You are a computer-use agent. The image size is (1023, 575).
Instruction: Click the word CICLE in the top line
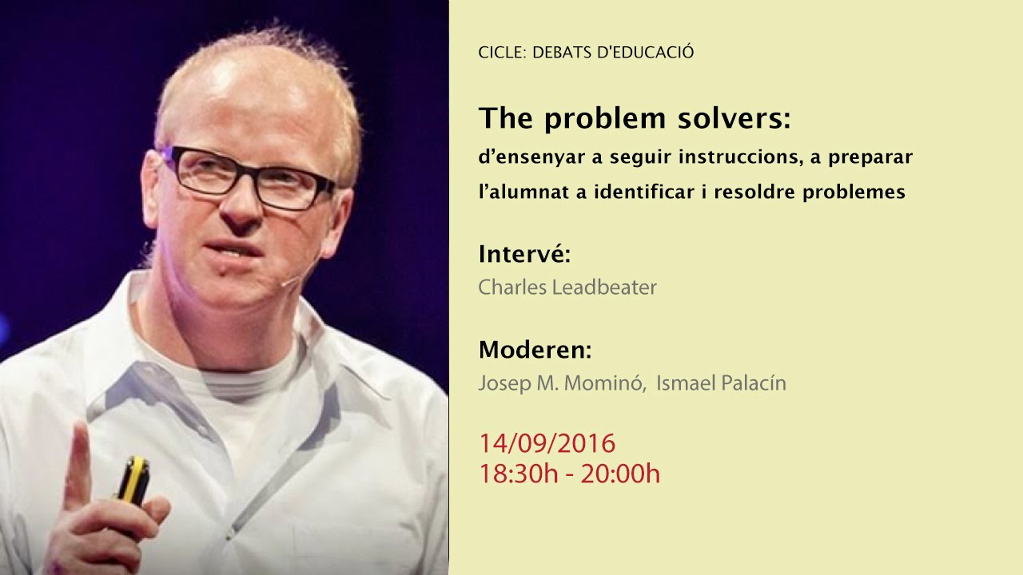(x=500, y=53)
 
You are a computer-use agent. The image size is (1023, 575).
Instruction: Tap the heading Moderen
(x=535, y=350)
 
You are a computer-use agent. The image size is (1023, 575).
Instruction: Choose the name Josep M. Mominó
(x=561, y=383)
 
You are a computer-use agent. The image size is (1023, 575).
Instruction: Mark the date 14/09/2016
(x=547, y=443)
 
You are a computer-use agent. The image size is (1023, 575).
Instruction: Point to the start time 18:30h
(x=518, y=474)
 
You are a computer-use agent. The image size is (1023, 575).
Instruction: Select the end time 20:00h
(x=620, y=474)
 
